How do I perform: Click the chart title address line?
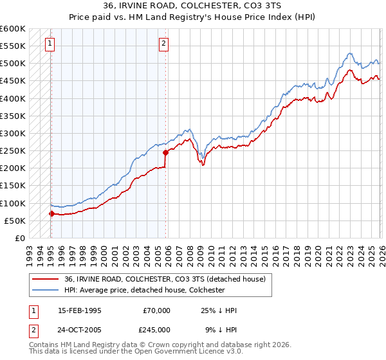point(193,5)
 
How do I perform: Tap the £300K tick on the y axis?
point(13,133)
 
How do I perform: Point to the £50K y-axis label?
point(15,221)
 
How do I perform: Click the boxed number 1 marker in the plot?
point(51,44)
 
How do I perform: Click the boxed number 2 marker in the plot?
point(164,44)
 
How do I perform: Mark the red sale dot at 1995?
point(51,213)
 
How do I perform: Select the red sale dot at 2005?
point(165,152)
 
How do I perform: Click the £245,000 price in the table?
point(157,329)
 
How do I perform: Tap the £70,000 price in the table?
point(157,310)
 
